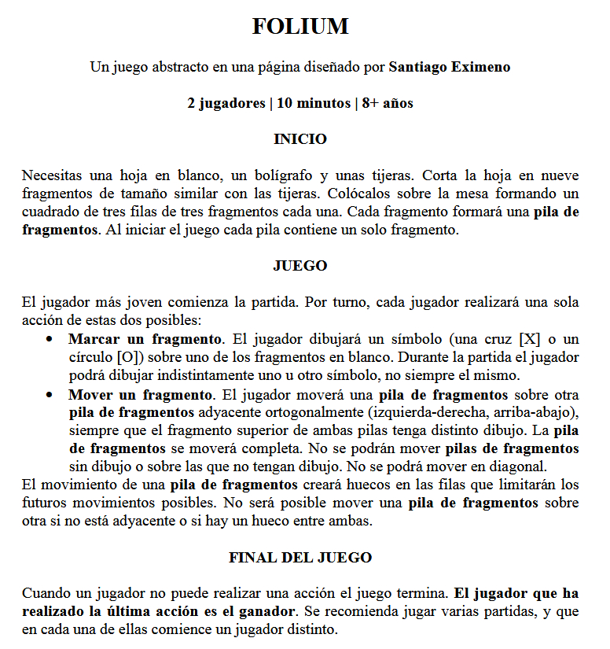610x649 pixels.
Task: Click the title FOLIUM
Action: point(300,27)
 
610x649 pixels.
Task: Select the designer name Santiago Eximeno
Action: point(449,67)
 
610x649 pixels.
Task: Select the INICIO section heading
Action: point(299,139)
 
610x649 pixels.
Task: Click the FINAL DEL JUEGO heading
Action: point(299,558)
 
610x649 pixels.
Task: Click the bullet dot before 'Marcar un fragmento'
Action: point(50,340)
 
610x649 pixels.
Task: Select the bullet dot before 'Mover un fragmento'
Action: point(50,395)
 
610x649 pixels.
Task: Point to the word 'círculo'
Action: point(90,357)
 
